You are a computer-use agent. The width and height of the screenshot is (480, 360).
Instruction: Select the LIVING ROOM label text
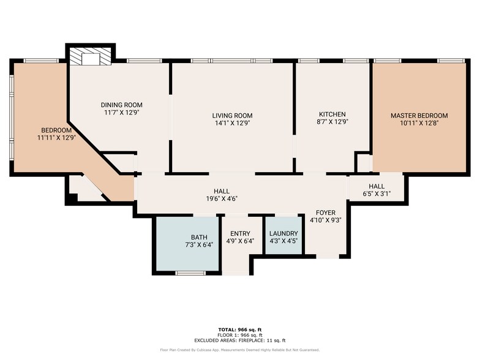(232, 115)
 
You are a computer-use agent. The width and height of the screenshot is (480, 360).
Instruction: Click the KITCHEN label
(332, 114)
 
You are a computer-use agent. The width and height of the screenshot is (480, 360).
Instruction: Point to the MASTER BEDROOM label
(419, 115)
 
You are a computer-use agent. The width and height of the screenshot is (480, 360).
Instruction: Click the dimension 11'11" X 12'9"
(56, 138)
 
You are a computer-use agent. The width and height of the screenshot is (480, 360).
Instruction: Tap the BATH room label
(199, 237)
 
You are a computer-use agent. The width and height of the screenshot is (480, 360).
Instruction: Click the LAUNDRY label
(283, 233)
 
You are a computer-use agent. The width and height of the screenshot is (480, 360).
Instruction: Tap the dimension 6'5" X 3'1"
(376, 194)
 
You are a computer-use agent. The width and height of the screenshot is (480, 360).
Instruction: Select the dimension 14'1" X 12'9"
(232, 122)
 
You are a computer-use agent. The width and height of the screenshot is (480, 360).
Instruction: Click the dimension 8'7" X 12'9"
(332, 121)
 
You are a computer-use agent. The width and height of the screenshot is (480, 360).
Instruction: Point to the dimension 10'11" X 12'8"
(419, 122)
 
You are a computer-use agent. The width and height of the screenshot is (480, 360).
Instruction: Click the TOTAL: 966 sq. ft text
(240, 329)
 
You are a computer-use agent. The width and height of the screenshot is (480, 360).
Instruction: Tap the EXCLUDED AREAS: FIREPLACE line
(240, 340)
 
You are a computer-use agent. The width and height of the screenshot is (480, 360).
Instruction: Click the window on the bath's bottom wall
(189, 272)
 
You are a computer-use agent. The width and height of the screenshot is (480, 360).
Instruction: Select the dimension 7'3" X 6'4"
(199, 244)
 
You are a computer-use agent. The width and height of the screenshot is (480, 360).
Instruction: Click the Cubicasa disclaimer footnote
(240, 350)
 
